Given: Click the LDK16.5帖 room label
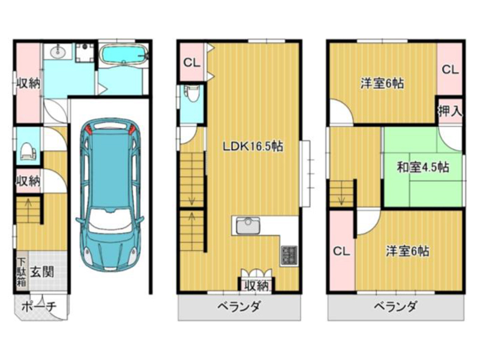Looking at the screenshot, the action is pos(253,146).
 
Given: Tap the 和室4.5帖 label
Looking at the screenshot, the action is pos(423,167).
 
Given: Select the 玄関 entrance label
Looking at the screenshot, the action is pos(42,272).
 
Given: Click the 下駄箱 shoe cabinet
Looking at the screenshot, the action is pos(21,272).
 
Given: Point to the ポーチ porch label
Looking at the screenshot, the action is pos(39,307).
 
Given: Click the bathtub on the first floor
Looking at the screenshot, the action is pos(124,54).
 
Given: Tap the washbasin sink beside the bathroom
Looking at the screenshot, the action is pos(57,52).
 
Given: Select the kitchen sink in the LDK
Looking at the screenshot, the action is pos(248,227).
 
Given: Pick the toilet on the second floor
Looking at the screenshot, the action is pos(193,94).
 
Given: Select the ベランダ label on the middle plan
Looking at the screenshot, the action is pos(239,306).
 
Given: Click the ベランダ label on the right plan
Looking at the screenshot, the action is pos(395,306).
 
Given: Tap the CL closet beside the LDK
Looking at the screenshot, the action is pos(191,62).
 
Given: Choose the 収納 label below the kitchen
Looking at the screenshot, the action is pos(257,286).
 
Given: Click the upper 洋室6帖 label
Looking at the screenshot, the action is pos(382,83).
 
